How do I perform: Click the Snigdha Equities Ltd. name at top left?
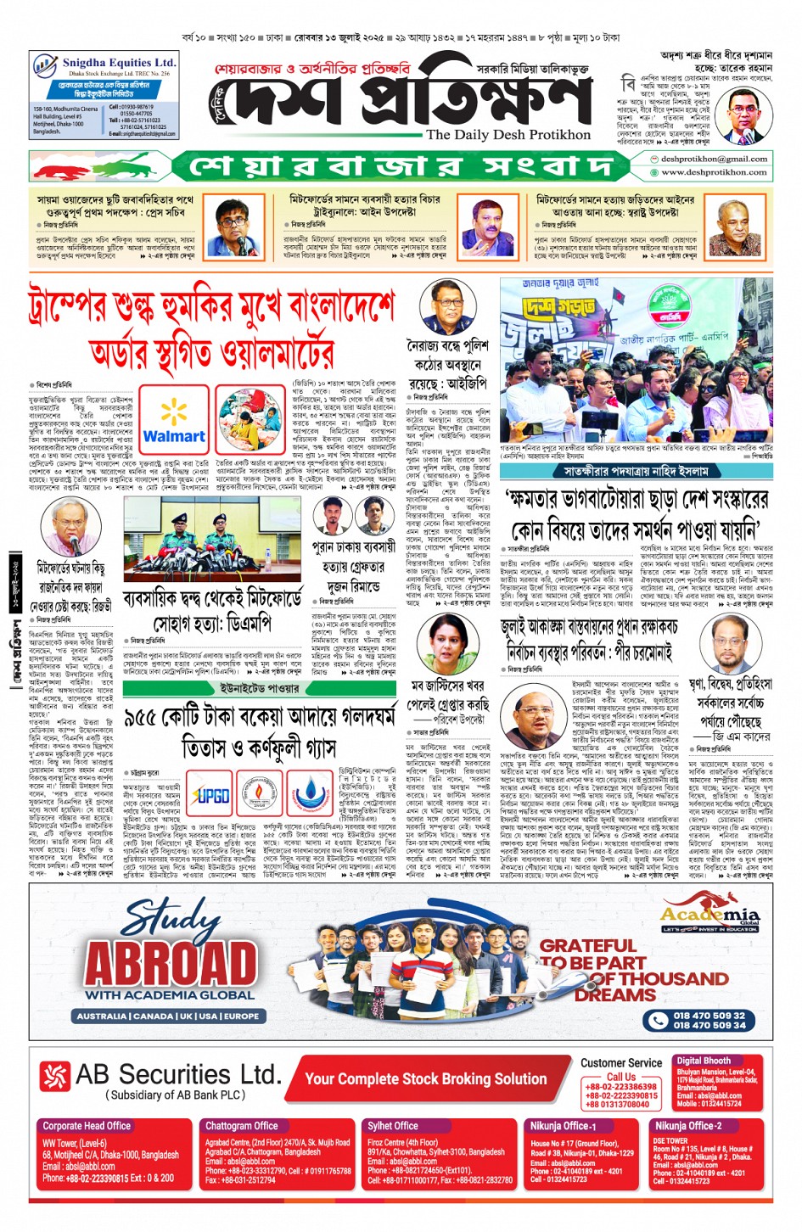[x=119, y=63]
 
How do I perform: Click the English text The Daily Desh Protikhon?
[x=508, y=135]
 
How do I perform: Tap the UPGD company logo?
[x=210, y=795]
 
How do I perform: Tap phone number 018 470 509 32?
[x=709, y=1016]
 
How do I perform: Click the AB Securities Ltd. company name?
[x=178, y=1075]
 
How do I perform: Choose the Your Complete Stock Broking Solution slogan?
[x=425, y=1079]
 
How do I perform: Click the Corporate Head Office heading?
[x=87, y=1126]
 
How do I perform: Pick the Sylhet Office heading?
[x=393, y=1126]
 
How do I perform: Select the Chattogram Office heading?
[x=242, y=1126]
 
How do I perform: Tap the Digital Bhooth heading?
[x=704, y=1061]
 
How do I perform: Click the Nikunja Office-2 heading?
[x=688, y=1126]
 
